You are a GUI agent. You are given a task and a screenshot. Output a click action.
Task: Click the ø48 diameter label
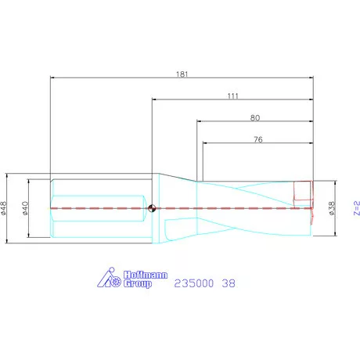pos(5,208)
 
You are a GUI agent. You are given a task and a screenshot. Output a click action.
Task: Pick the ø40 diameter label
pos(26,208)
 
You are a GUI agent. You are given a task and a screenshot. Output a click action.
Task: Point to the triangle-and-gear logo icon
pos(109,279)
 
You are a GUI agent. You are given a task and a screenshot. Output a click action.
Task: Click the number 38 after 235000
pos(228,283)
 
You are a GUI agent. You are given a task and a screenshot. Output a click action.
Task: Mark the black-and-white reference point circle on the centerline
pos(152,208)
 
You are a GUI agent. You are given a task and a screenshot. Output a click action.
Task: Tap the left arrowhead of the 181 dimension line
pos(52,78)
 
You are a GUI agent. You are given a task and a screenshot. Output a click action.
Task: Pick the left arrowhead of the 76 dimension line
pos(205,144)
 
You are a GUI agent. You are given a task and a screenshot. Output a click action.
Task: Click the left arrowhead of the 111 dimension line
pos(154,100)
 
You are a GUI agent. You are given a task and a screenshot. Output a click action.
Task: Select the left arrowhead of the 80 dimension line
pos(198,122)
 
